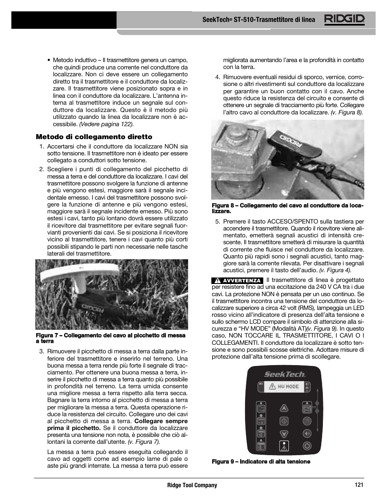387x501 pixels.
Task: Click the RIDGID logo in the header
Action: [344, 19]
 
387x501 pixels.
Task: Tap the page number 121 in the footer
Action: [358, 485]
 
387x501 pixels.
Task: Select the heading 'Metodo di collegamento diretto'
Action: [94, 137]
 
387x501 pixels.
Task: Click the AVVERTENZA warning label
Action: [237, 280]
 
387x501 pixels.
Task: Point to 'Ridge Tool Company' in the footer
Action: [192, 485]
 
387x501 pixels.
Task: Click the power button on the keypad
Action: [307, 445]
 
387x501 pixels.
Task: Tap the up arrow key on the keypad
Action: [284, 408]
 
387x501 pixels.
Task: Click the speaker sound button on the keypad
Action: [307, 433]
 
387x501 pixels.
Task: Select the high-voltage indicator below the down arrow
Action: [284, 446]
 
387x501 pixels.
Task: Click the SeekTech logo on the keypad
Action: [285, 374]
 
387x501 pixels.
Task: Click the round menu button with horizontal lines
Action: [307, 421]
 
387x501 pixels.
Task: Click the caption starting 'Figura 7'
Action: [110, 338]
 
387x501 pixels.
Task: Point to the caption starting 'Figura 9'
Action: [261, 462]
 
